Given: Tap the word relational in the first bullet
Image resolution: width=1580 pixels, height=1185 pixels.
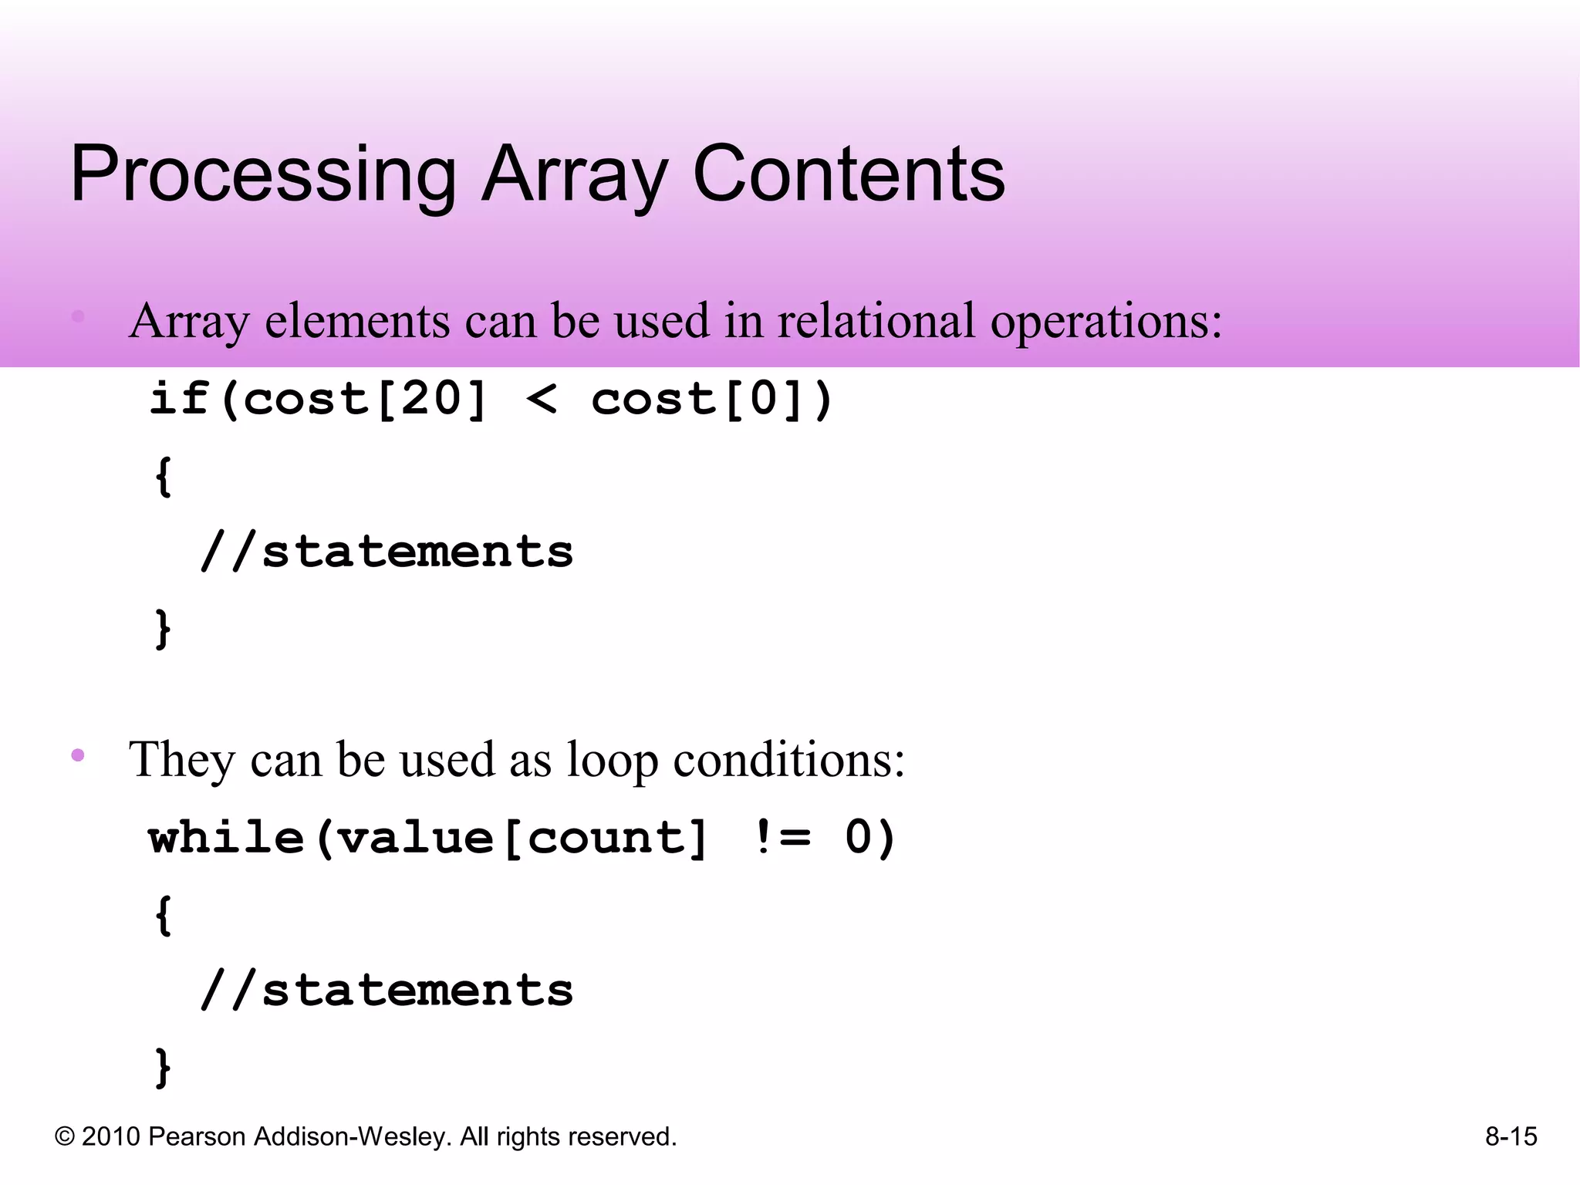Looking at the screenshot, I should (876, 321).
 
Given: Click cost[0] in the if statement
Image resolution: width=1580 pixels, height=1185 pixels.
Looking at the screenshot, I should (698, 400).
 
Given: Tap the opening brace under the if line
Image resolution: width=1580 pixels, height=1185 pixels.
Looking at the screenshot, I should (163, 477).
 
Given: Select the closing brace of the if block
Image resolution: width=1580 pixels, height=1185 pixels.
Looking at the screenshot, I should (163, 630).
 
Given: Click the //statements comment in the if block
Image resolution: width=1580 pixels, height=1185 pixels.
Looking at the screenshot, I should (387, 552).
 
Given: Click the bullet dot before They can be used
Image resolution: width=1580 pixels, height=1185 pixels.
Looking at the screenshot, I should (78, 755).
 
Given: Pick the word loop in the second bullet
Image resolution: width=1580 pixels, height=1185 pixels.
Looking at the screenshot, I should (613, 760).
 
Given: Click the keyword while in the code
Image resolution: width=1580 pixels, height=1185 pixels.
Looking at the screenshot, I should (227, 838).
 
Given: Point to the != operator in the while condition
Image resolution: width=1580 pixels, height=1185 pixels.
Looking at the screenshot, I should (782, 838).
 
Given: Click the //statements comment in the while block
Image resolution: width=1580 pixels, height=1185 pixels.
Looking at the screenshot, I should (387, 991).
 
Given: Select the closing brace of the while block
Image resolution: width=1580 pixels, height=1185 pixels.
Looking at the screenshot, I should (163, 1068).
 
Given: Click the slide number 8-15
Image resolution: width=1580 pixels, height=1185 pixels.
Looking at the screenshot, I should (1511, 1136).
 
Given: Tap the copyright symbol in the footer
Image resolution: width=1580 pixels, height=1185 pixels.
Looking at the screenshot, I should (65, 1137).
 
